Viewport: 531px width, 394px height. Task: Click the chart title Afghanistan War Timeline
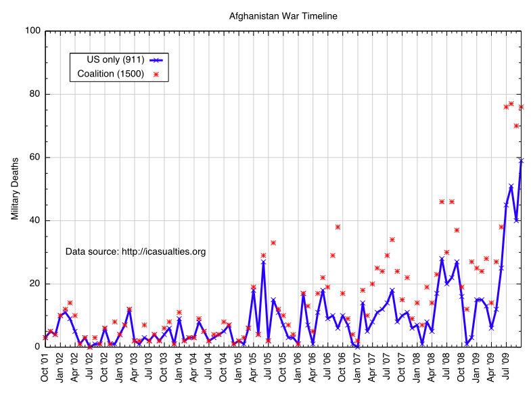tap(283, 16)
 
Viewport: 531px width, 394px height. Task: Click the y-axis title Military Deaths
tap(15, 189)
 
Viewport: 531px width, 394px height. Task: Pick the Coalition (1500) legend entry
tap(110, 74)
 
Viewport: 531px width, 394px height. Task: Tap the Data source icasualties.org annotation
tap(135, 251)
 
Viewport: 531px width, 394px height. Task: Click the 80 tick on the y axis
tap(33, 95)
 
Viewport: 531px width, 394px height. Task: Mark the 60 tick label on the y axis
tap(33, 157)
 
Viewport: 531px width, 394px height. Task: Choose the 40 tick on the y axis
tap(33, 221)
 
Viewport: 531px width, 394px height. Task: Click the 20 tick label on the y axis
tap(33, 284)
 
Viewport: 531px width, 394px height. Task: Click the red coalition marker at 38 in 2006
tap(338, 227)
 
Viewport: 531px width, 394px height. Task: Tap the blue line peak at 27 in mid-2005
tap(263, 262)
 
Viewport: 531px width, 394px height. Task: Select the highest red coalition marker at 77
tap(511, 104)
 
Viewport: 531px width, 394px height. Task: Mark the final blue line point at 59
tap(521, 160)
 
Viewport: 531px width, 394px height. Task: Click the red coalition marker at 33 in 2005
tap(273, 243)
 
